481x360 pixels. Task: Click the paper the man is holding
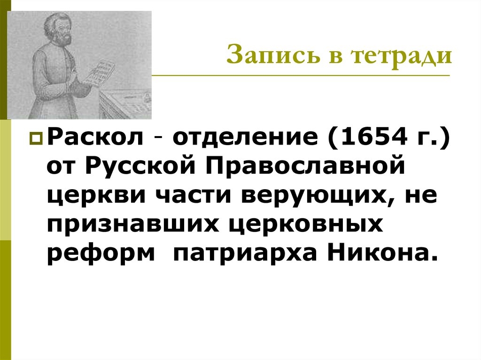coord(101,73)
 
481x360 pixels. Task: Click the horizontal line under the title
coord(301,75)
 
